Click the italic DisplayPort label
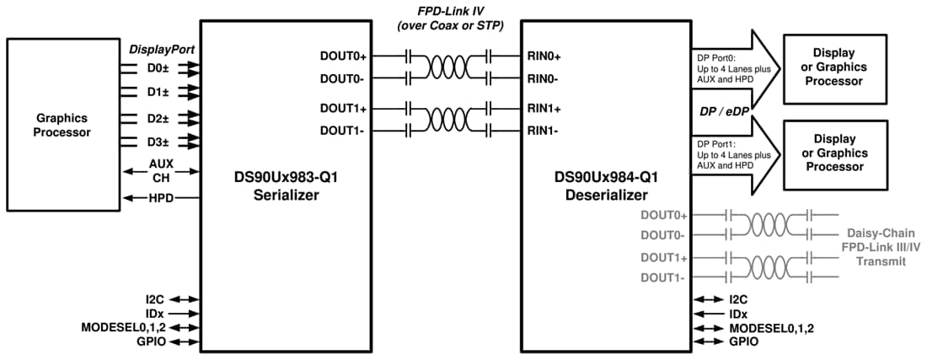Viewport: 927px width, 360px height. pyautogui.click(x=162, y=50)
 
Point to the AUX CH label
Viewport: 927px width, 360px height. pyautogui.click(x=161, y=171)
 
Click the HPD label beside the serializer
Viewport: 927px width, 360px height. pyautogui.click(x=161, y=199)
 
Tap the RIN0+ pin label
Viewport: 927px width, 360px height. pyautogui.click(x=544, y=56)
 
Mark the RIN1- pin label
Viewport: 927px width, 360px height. pyautogui.click(x=544, y=131)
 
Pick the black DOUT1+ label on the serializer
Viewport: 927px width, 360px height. pyautogui.click(x=343, y=109)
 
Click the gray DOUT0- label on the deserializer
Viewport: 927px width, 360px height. pyautogui.click(x=664, y=235)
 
